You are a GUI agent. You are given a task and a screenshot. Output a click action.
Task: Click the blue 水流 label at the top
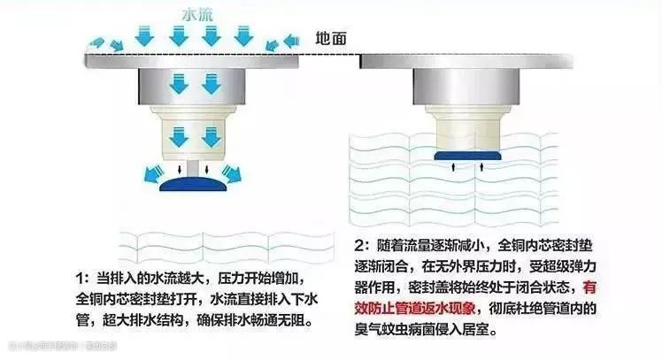(196, 15)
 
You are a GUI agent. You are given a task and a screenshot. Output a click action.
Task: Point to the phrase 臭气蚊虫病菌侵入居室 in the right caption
(420, 330)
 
